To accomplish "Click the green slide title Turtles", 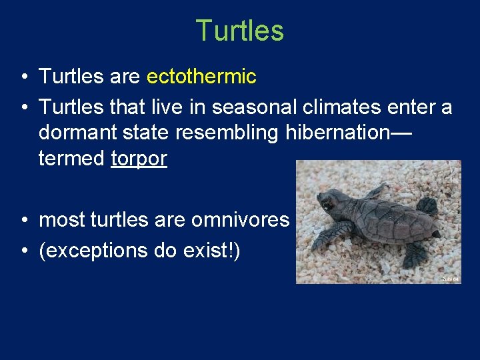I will click(x=239, y=31).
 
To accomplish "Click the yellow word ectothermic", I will click(x=201, y=77).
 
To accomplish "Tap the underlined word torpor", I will click(x=139, y=159).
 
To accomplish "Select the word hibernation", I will click(x=337, y=132).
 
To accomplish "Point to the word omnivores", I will click(x=241, y=219).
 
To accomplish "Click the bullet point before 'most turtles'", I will click(x=23, y=220).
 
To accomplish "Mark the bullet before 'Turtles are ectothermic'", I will click(x=23, y=77).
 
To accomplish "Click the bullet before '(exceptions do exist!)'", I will click(x=23, y=251).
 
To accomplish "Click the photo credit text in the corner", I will click(x=451, y=278).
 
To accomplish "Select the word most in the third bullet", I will click(x=61, y=219).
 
